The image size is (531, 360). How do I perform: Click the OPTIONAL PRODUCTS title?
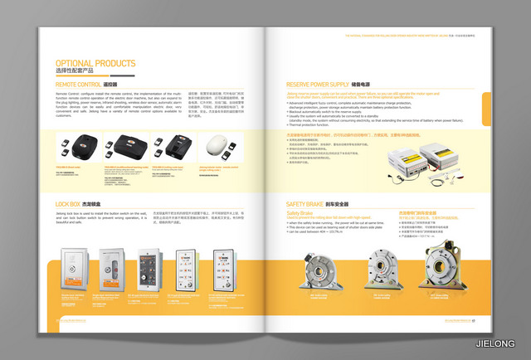click(x=96, y=63)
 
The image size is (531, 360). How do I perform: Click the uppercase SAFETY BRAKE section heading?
click(x=305, y=204)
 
